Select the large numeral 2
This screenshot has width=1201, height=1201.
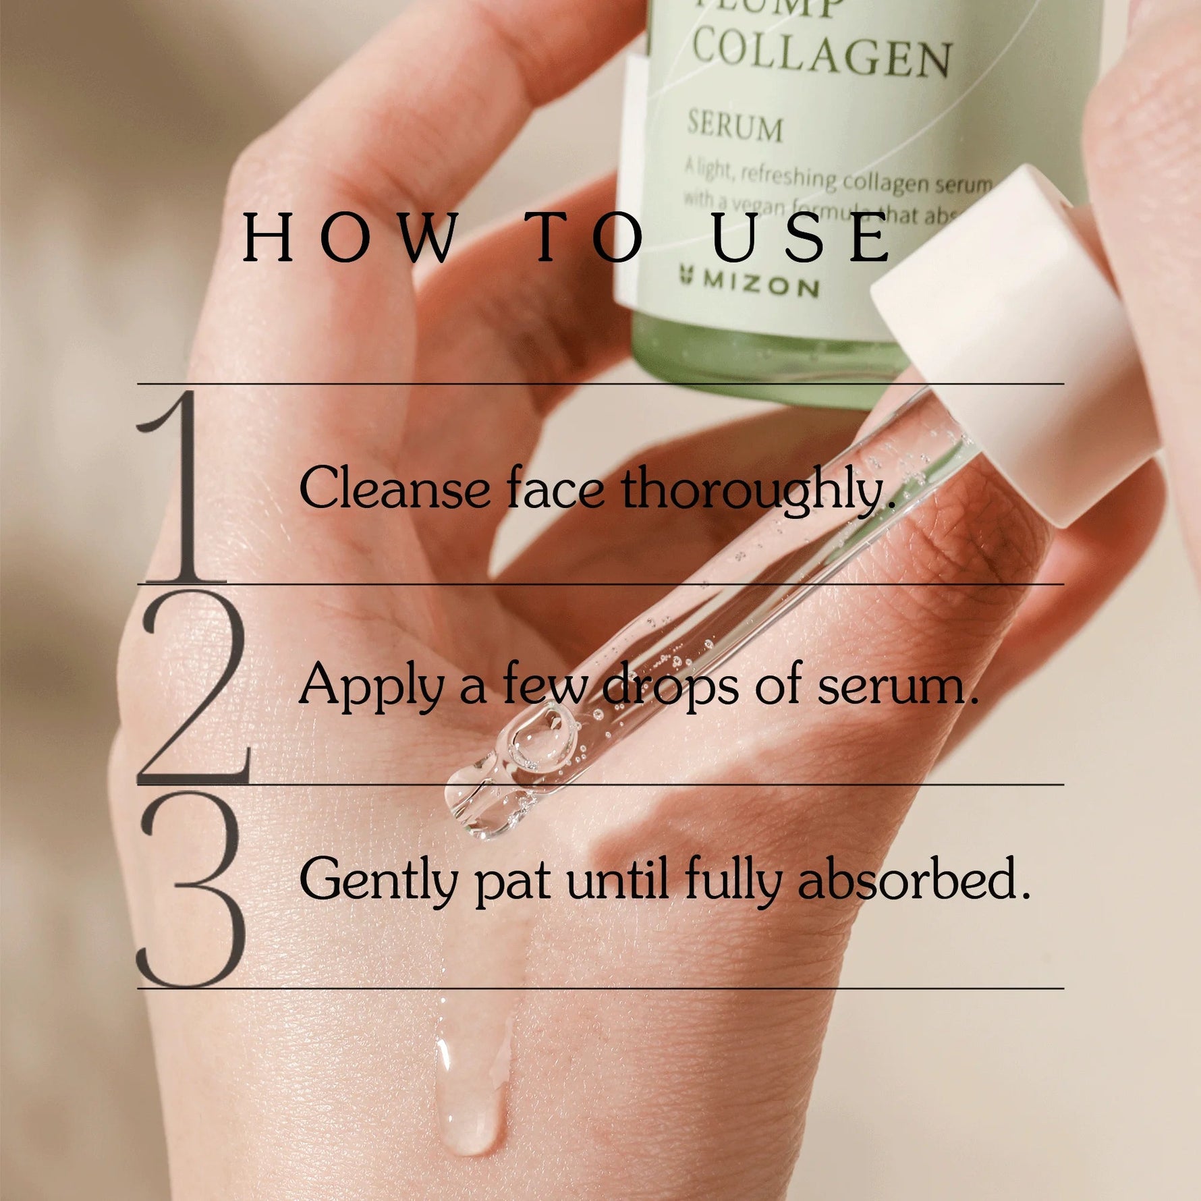(x=192, y=686)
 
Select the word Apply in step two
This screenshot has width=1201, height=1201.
(x=370, y=686)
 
